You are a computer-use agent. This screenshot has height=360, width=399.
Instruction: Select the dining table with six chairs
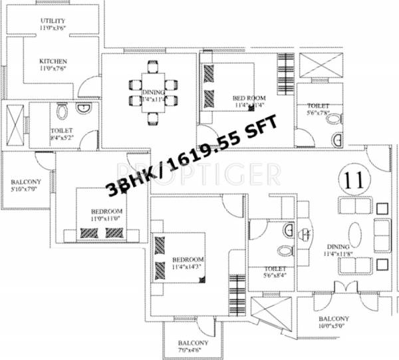153,92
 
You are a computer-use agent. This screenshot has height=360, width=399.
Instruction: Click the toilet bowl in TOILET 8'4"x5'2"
63,112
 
